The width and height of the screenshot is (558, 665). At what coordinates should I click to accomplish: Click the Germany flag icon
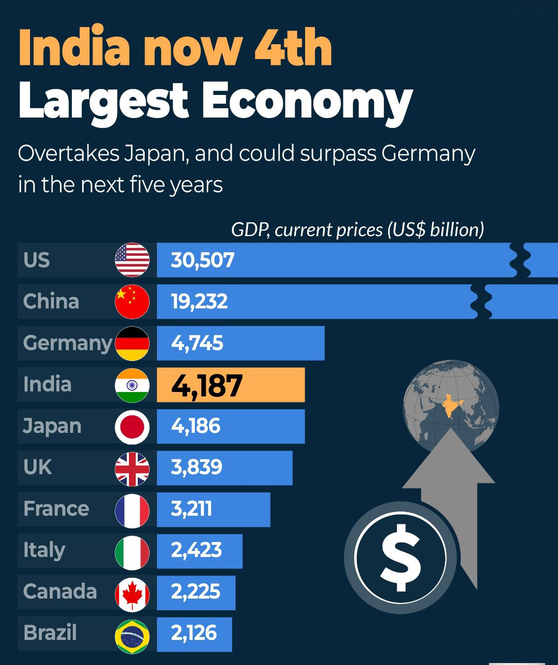132,343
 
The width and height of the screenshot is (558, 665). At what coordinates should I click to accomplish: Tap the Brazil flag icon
132,636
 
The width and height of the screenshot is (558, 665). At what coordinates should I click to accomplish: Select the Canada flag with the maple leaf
132,595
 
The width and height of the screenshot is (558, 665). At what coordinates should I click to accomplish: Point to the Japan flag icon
132,426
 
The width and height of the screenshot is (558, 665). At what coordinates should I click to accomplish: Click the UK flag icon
132,469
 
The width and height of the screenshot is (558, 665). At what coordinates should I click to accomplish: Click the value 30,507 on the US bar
202,260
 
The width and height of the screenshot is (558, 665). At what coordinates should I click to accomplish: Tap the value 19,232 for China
199,302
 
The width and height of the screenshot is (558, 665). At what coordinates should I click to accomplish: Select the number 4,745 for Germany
197,343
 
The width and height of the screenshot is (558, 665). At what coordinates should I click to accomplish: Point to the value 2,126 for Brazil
194,633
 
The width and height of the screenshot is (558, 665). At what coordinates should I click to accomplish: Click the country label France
56,509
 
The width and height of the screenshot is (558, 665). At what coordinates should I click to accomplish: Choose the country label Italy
44,550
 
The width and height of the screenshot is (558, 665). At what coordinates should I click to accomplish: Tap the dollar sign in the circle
401,557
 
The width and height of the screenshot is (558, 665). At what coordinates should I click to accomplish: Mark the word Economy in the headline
307,101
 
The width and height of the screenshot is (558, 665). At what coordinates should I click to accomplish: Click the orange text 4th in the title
293,48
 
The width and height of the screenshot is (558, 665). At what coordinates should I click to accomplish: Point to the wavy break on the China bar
481,302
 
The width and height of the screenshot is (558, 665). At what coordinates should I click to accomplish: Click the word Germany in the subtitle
428,154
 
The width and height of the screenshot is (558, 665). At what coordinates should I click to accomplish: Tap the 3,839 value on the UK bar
196,467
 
